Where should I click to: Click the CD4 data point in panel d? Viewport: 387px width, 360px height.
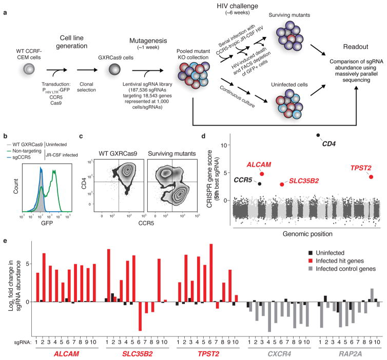click(x=318, y=135)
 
